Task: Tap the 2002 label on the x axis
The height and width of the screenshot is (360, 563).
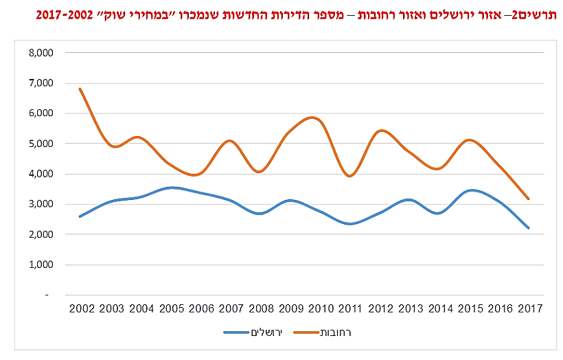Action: tap(81, 308)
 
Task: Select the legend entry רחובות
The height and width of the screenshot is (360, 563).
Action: tap(336, 333)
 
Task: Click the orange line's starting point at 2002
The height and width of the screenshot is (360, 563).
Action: tap(81, 89)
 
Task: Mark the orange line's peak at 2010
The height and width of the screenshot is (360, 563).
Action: tap(314, 118)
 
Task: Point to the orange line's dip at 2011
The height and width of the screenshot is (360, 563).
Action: tap(352, 176)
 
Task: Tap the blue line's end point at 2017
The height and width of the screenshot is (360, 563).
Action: tap(529, 228)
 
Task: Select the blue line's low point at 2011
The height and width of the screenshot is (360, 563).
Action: tap(352, 223)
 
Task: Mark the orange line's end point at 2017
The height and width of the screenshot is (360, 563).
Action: tap(529, 199)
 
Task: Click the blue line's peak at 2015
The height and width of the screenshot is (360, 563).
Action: tap(470, 190)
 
